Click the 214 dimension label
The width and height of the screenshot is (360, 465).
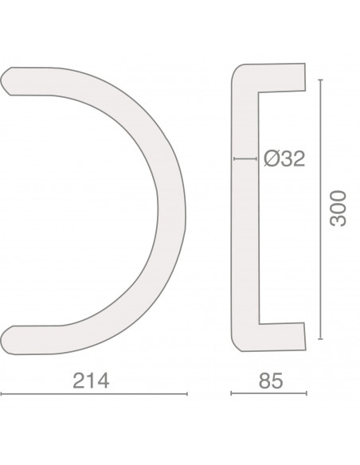(x=91, y=381)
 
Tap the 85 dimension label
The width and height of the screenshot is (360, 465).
(x=271, y=381)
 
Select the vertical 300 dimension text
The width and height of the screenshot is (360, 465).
(x=338, y=209)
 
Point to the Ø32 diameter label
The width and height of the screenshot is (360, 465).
(x=284, y=158)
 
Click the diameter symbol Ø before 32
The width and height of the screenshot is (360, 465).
(x=271, y=158)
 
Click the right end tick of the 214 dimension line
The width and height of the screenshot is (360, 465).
(x=187, y=394)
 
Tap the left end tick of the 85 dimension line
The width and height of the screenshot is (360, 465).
(x=231, y=393)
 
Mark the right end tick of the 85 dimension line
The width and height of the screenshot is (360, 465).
(x=307, y=393)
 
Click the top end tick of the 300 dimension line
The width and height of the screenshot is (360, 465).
(x=320, y=80)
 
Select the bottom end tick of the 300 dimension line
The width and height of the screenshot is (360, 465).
(x=320, y=338)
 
